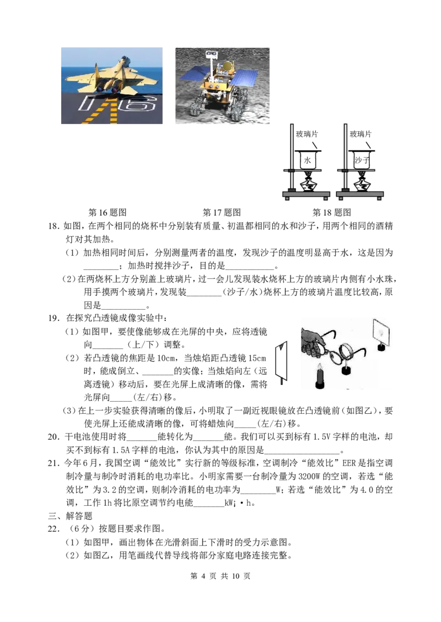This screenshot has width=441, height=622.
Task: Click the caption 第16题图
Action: (107, 213)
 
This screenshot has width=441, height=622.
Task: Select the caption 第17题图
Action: (222, 213)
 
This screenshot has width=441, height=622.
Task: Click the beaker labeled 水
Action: (307, 160)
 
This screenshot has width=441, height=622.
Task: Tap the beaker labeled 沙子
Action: (362, 160)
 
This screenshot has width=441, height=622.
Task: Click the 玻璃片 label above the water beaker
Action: (306, 134)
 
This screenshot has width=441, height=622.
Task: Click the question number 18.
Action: (53, 226)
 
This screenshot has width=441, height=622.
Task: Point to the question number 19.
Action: (53, 318)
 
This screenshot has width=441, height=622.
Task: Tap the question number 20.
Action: (53, 437)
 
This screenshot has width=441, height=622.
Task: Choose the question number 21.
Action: (53, 463)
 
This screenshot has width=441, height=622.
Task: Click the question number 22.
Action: (53, 528)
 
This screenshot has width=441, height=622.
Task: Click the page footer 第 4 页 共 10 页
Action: (220, 576)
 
